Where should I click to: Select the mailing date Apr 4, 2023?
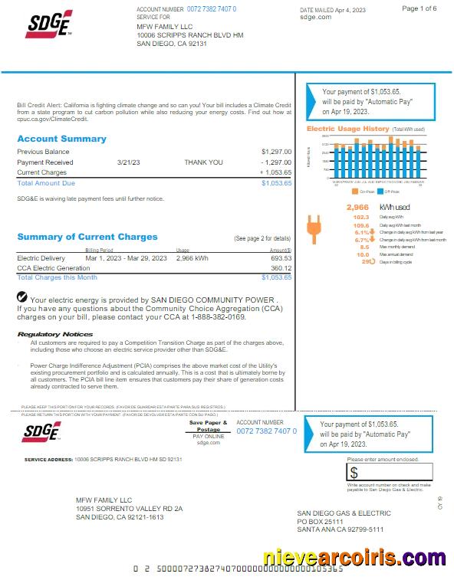[350, 9]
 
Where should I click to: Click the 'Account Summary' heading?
[61, 139]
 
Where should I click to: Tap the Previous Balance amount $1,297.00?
[276, 152]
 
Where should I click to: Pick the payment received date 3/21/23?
[127, 162]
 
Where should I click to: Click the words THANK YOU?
[203, 162]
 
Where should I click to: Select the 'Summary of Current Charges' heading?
[87, 237]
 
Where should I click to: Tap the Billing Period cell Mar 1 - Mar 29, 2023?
[126, 258]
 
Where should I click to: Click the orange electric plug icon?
[312, 224]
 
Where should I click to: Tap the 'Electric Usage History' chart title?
[348, 129]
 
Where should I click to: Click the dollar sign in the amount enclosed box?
[354, 474]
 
